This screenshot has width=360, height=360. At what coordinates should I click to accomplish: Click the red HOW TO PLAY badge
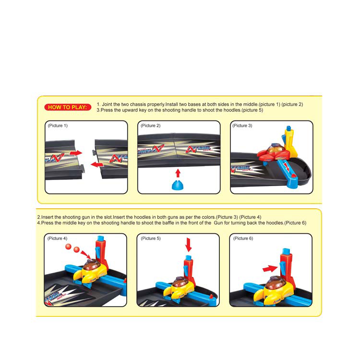pyautogui.click(x=68, y=107)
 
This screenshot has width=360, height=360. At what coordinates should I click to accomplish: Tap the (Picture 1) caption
pyautogui.click(x=58, y=126)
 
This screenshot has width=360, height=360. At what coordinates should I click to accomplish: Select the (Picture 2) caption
pyautogui.click(x=151, y=126)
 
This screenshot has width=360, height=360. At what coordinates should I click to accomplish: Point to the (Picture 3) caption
pyautogui.click(x=242, y=126)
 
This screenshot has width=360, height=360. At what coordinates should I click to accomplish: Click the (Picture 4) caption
pyautogui.click(x=58, y=238)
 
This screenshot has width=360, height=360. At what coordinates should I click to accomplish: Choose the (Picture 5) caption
pyautogui.click(x=151, y=238)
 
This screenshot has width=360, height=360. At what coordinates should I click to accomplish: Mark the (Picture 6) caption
pyautogui.click(x=243, y=238)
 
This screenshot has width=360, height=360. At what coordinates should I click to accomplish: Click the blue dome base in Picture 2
pyautogui.click(x=178, y=185)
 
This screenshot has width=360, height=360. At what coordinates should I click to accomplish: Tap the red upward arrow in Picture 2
pyautogui.click(x=178, y=173)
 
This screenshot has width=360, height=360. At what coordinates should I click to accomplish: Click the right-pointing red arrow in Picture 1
pyautogui.click(x=76, y=153)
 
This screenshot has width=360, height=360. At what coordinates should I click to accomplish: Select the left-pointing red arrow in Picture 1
pyautogui.click(x=97, y=164)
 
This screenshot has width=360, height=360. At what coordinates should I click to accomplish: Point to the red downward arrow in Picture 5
pyautogui.click(x=189, y=245)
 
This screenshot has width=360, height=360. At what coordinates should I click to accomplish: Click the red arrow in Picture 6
pyautogui.click(x=270, y=269)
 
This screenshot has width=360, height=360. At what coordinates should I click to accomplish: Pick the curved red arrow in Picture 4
pyautogui.click(x=85, y=255)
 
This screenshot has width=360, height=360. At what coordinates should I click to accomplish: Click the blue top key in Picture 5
pyautogui.click(x=188, y=257)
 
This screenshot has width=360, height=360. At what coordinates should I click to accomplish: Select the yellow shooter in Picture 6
pyautogui.click(x=278, y=290)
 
